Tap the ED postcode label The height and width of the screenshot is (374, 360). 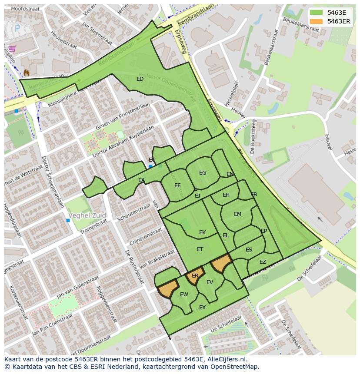140,79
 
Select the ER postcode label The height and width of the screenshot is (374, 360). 195,276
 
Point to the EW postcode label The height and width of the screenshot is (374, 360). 184,295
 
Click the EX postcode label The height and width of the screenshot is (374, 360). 202,308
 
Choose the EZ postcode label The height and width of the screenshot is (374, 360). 263,262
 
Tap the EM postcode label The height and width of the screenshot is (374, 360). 237,214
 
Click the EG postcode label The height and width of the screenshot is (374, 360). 203,173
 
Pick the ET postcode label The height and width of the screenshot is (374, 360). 200,249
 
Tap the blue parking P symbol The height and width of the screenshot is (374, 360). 17,28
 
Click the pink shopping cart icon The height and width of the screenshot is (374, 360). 12,49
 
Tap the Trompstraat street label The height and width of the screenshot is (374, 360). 93,226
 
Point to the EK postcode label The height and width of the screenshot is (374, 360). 202,232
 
